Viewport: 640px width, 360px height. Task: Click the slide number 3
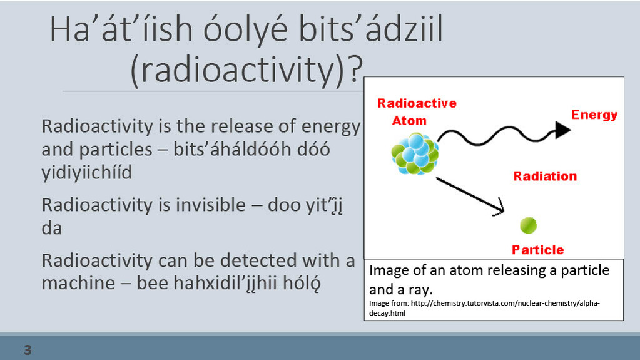28,350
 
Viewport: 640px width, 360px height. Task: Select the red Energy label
594,115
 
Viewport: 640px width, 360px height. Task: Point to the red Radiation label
545,176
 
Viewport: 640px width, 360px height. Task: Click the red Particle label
537,250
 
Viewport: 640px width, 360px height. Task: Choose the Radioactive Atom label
417,111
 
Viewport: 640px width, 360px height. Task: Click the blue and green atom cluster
415,153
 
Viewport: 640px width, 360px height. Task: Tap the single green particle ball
528,225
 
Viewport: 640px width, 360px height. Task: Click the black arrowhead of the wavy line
563,130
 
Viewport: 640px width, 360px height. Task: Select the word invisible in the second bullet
211,205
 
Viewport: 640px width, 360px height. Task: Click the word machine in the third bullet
78,283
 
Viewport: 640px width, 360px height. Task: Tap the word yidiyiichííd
86,172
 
